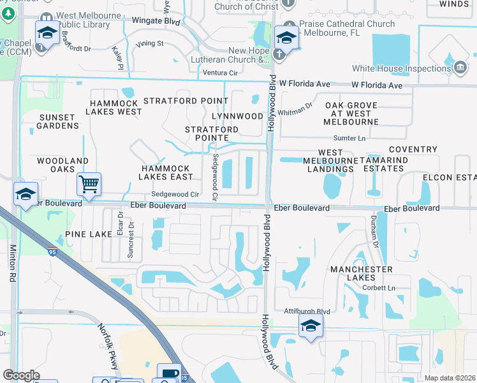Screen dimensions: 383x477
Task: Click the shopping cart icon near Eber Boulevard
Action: click(x=89, y=184)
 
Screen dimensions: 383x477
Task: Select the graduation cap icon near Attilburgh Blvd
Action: click(x=311, y=326)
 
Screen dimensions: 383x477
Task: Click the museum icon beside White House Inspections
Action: click(x=460, y=68)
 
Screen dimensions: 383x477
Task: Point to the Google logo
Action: click(x=21, y=375)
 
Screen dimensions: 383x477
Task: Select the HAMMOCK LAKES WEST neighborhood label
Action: click(x=115, y=107)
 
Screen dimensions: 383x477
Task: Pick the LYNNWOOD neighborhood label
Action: click(x=237, y=116)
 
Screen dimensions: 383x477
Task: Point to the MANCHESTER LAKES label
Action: click(x=361, y=274)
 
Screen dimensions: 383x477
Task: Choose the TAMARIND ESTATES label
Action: click(x=381, y=164)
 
